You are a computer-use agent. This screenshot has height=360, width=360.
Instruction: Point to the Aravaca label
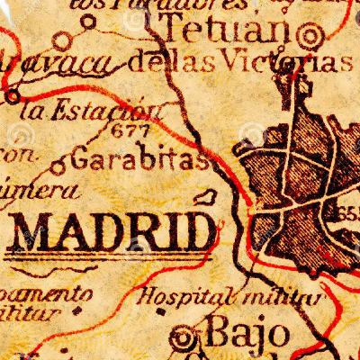(x=58, y=65)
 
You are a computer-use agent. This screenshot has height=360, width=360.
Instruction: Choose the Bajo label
(x=237, y=335)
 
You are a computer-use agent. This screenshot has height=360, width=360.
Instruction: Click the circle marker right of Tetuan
(x=312, y=35)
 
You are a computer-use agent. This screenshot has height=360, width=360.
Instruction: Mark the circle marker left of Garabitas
(x=58, y=166)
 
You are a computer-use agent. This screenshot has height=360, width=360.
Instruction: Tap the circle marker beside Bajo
(x=186, y=338)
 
